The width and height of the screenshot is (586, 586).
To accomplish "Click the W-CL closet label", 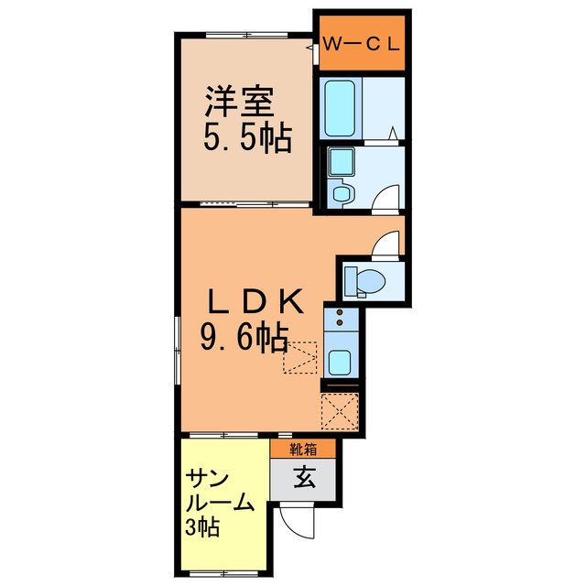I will tap(364, 42).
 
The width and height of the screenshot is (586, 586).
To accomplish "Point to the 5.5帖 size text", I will tap(246, 138).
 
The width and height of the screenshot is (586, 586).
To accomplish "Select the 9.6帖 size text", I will tap(244, 340).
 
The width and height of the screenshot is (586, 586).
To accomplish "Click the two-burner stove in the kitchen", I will tap(340, 320).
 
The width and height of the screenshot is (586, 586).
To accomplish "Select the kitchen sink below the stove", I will tap(340, 360).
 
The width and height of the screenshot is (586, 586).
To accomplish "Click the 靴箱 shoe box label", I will tap(302, 449).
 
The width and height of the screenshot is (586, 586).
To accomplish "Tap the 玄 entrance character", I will tap(303, 477).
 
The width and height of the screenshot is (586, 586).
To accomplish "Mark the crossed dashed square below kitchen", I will tap(340, 411).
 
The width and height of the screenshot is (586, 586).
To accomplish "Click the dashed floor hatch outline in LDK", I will tap(299, 357).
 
